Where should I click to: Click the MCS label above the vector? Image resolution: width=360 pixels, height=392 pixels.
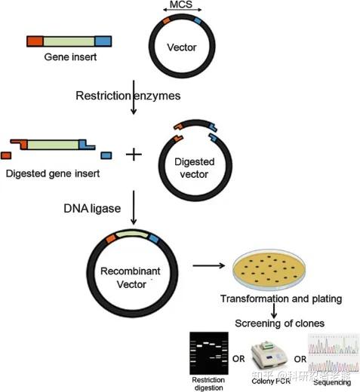click(x=181, y=5)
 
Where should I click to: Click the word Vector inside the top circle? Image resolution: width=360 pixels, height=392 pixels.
click(x=182, y=47)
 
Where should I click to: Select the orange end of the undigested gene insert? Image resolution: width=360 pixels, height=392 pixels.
click(x=35, y=41)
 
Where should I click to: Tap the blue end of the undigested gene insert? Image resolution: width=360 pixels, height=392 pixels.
click(x=103, y=41)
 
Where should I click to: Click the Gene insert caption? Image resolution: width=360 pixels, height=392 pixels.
click(x=70, y=57)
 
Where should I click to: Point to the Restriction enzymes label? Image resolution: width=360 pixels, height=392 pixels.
click(x=128, y=96)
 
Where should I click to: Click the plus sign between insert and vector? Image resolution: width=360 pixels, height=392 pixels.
click(x=134, y=155)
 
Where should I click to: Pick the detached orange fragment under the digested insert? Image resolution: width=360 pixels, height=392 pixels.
click(x=6, y=155)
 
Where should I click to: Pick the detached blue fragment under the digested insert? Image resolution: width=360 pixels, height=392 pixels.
click(x=106, y=155)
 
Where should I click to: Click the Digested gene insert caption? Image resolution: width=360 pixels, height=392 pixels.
click(x=53, y=173)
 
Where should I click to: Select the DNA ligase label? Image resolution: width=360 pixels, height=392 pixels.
click(x=92, y=209)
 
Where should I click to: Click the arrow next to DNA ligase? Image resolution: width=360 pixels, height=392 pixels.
click(x=134, y=207)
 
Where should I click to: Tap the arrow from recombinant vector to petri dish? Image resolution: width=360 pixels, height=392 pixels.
click(x=209, y=265)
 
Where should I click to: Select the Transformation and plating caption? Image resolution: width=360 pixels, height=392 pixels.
click(x=281, y=299)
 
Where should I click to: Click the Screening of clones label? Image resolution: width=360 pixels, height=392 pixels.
click(x=279, y=323)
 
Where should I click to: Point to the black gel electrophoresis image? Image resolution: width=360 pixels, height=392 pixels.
click(x=209, y=353)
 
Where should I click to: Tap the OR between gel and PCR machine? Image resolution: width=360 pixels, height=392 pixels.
click(x=238, y=359)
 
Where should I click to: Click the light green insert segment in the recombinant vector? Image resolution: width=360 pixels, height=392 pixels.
click(x=132, y=234)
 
